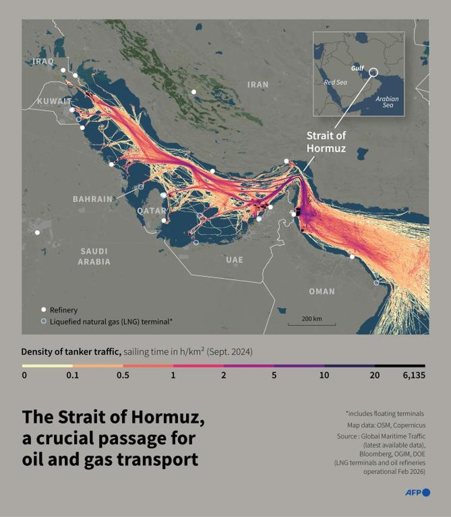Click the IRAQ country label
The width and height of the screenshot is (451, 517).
coord(43,61)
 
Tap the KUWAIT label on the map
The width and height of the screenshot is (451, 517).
coord(54,101)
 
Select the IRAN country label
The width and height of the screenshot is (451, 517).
coord(258,84)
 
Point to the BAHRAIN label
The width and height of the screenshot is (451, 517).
coord(92,199)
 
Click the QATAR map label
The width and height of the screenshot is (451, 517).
coord(151,211)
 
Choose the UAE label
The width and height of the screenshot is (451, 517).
coord(235,260)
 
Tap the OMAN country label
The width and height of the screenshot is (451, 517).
coord(322,291)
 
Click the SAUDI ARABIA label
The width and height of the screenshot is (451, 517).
coord(94,256)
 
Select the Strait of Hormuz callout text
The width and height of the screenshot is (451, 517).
coord(326,142)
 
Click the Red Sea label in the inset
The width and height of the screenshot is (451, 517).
coord(336,82)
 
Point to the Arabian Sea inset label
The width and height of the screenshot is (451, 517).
coord(387,102)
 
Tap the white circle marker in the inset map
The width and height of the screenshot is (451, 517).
coord(373,72)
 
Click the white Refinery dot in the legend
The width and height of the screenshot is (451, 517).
coord(44,310)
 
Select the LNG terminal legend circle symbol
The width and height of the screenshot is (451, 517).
coord(44,321)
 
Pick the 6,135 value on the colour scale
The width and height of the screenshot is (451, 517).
coord(414,375)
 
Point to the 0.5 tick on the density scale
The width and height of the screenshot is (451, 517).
coord(123,375)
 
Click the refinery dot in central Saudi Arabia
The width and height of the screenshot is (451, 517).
coord(37,232)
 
